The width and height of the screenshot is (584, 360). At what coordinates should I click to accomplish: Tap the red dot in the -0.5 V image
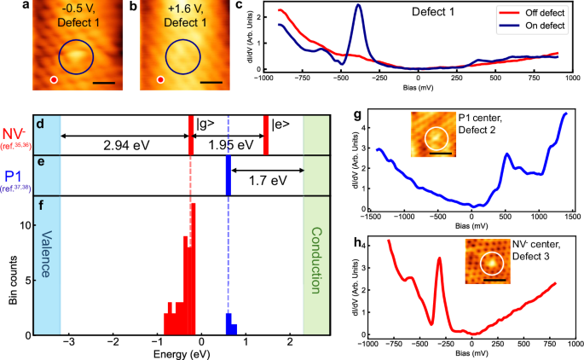tap(54, 80)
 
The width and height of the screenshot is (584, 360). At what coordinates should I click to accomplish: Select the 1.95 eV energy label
tap(229, 146)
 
